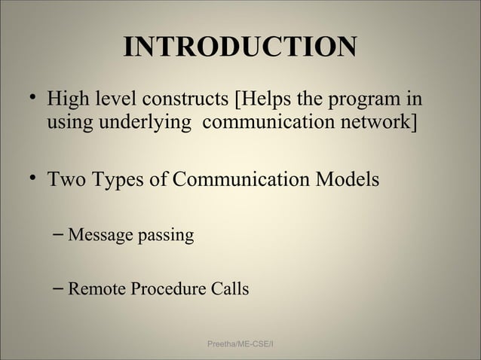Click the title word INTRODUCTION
240,47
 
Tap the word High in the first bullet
66,100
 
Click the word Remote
95,289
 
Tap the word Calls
228,289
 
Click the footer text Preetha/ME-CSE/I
240,344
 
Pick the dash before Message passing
59,236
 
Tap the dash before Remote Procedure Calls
59,289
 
